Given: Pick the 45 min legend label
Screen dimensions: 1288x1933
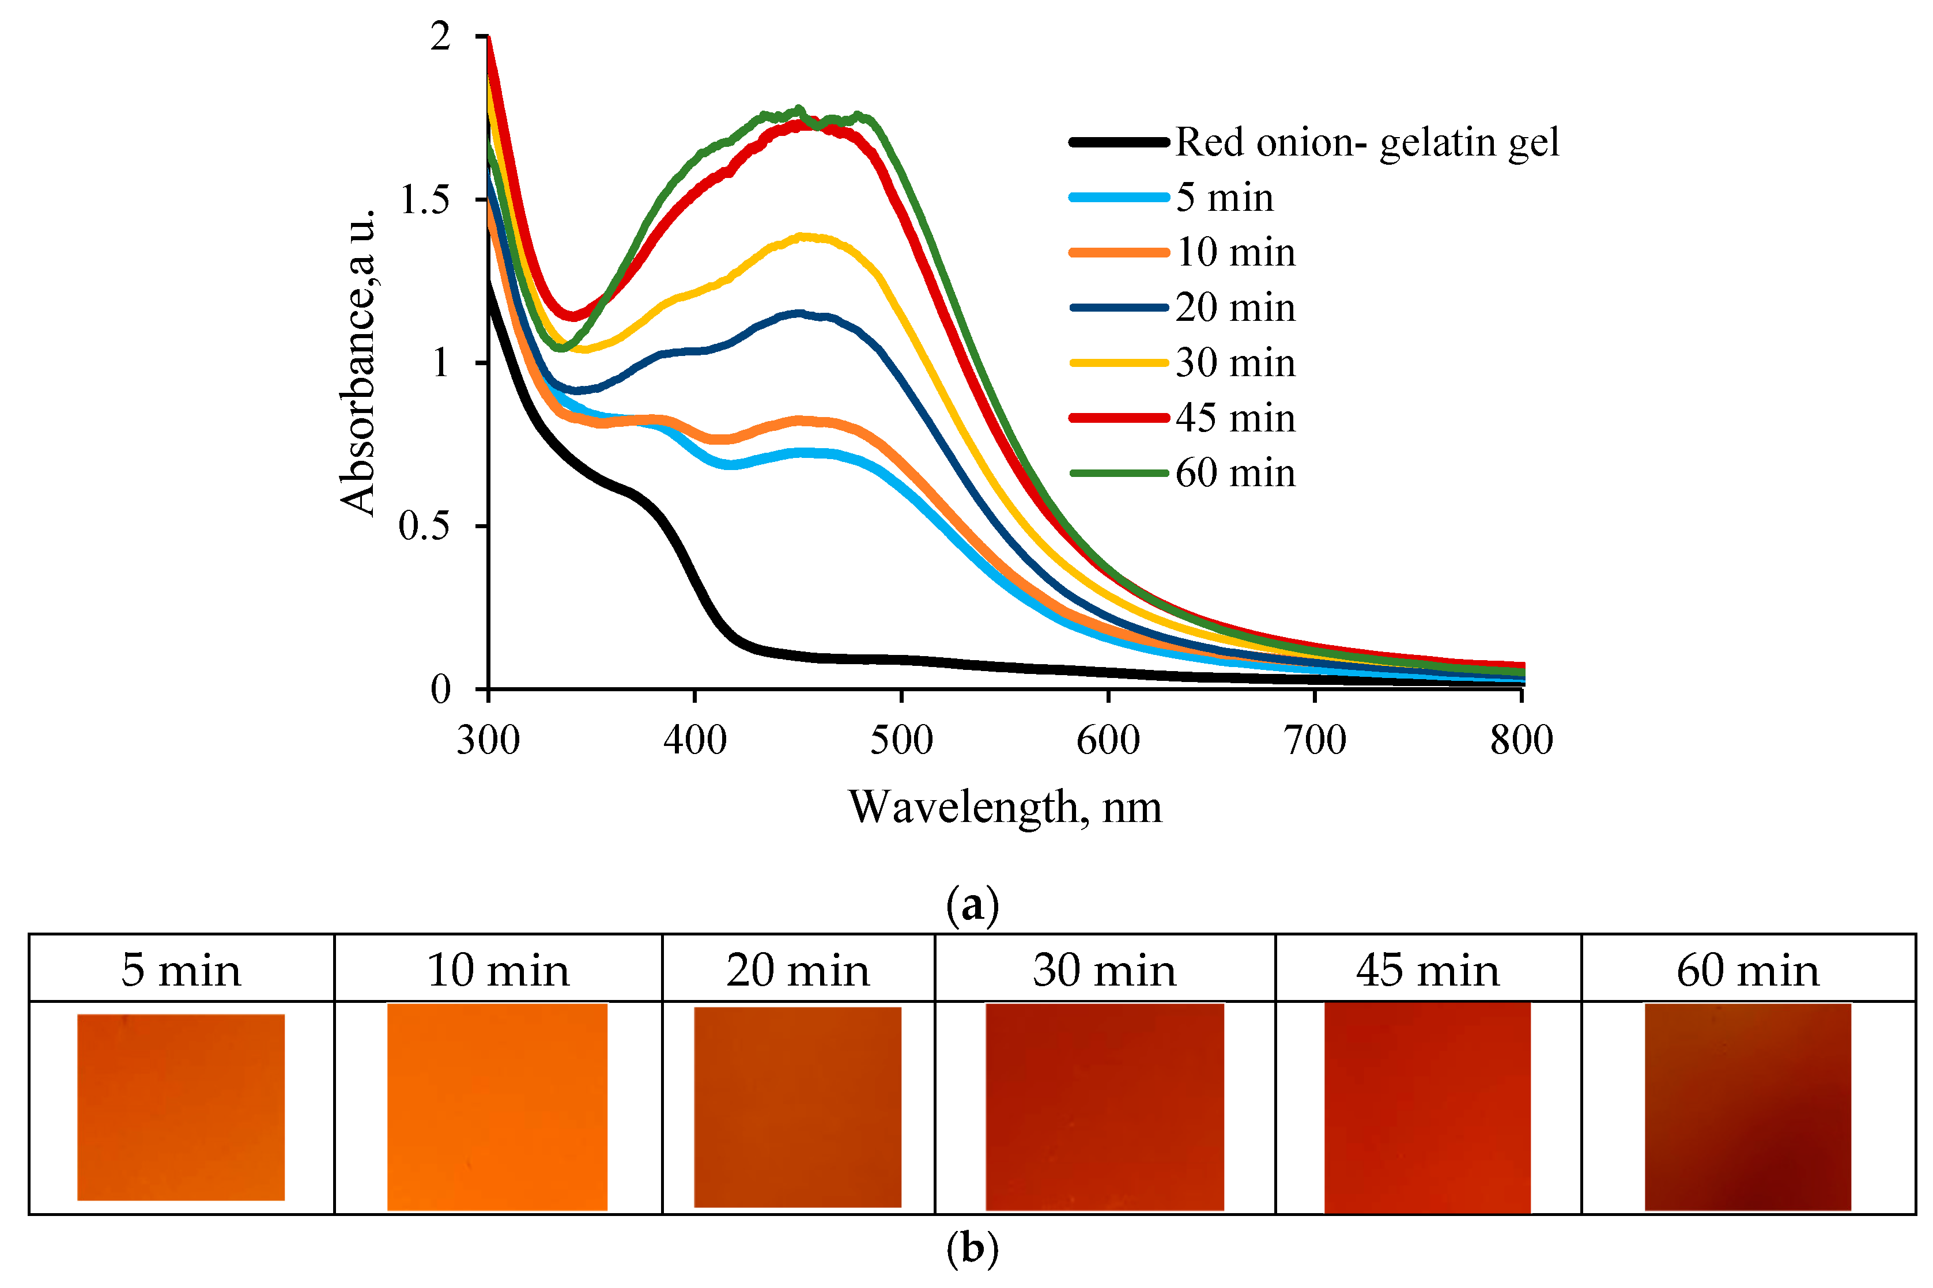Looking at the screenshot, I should pyautogui.click(x=1235, y=418).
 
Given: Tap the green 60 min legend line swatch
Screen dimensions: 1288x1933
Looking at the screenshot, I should pyautogui.click(x=1119, y=473).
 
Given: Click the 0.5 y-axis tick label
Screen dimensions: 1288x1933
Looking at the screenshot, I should pyautogui.click(x=424, y=526).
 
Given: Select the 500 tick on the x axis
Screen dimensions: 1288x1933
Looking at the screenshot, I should pyautogui.click(x=901, y=740).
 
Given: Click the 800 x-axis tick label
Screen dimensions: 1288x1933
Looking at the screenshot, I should pyautogui.click(x=1522, y=740).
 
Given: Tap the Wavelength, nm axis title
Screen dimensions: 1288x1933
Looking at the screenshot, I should pyautogui.click(x=1005, y=808).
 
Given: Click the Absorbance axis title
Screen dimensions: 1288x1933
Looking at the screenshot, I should pyautogui.click(x=358, y=361).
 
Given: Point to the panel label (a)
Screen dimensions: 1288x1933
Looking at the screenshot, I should pyautogui.click(x=972, y=905).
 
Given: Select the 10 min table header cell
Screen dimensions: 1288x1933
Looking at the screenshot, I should pyautogui.click(x=498, y=970).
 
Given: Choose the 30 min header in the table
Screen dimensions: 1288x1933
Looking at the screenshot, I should pyautogui.click(x=1105, y=970).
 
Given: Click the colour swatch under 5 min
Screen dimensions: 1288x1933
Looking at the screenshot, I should pyautogui.click(x=181, y=1107).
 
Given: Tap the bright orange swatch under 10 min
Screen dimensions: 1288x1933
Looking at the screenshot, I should pyautogui.click(x=497, y=1107).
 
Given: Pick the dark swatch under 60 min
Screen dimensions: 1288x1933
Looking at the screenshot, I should pyautogui.click(x=1747, y=1107).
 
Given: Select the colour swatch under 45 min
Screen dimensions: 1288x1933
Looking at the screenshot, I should pyautogui.click(x=1428, y=1107).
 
